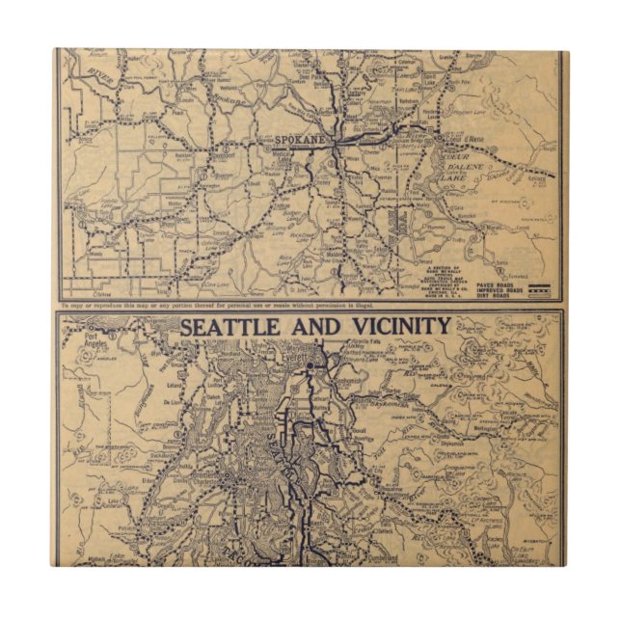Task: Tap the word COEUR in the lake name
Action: pos(445,148)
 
